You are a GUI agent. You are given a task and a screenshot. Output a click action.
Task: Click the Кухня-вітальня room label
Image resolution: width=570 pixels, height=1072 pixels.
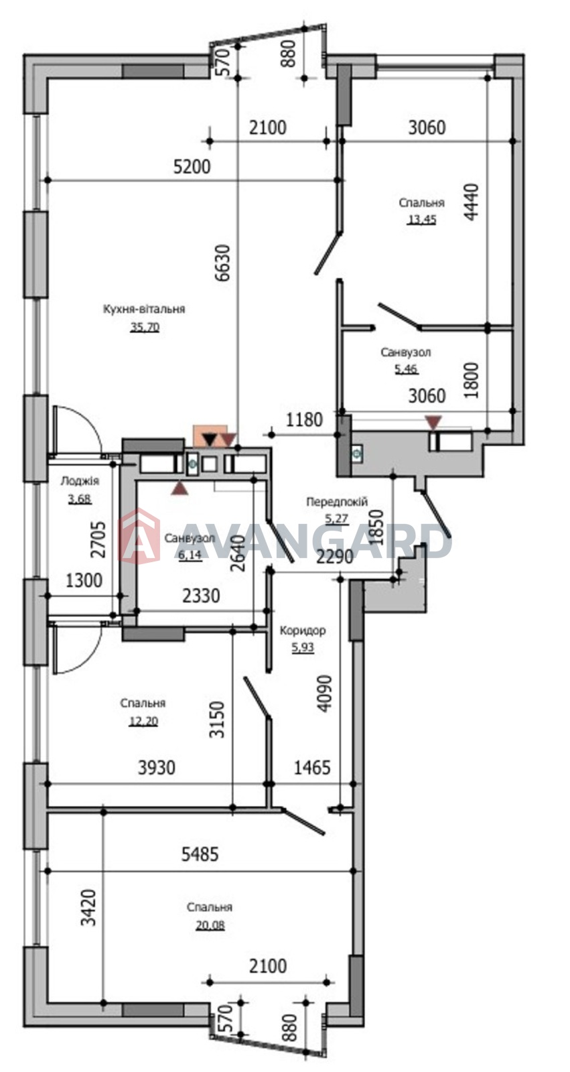(x=143, y=309)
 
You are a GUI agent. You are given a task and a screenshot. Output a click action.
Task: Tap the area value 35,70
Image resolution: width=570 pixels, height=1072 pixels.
(x=145, y=327)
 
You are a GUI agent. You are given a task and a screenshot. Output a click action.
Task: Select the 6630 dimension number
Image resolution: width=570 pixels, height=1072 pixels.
(x=223, y=263)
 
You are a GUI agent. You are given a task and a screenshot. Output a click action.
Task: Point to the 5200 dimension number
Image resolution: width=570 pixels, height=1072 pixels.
(x=192, y=167)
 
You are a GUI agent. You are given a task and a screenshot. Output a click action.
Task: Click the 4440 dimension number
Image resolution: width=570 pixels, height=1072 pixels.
(x=471, y=202)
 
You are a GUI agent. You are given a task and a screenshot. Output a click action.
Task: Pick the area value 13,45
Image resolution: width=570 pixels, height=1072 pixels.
(x=421, y=220)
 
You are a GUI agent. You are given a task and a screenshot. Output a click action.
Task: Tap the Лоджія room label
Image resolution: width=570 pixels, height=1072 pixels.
(x=80, y=481)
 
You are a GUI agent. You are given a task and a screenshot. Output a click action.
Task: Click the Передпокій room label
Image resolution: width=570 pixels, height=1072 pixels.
(x=337, y=502)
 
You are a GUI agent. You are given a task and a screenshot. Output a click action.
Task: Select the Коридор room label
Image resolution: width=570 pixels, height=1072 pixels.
(x=303, y=630)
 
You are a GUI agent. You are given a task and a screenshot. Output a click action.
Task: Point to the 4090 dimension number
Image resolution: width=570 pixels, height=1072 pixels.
(x=324, y=693)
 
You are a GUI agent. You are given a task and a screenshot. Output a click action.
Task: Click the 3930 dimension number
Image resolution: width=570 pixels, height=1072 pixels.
(x=157, y=768)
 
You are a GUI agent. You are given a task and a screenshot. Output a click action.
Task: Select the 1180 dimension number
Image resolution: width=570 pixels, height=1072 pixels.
(x=304, y=419)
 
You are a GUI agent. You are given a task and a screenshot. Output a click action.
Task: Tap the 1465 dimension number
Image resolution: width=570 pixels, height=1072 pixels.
(x=312, y=768)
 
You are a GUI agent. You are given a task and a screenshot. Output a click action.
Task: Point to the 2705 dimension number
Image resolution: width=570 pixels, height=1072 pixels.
(x=98, y=539)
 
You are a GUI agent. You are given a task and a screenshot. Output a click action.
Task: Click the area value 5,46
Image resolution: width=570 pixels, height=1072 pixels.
(x=407, y=369)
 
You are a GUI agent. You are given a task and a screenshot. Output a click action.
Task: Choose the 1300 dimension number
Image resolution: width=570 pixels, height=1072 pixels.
(x=84, y=580)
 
